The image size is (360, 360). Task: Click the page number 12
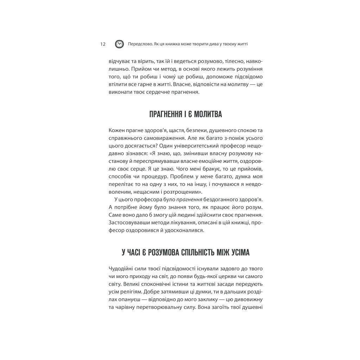point(103,44)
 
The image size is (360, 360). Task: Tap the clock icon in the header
point(120,44)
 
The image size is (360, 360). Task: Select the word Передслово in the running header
point(140,44)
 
